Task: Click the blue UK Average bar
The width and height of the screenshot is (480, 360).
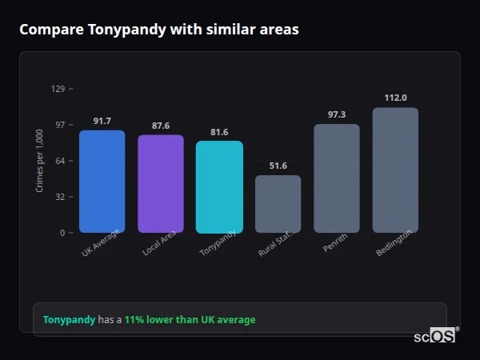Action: tap(102, 182)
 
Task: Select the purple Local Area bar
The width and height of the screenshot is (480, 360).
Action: tap(161, 184)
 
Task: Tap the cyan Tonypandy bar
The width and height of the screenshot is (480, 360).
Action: tap(219, 187)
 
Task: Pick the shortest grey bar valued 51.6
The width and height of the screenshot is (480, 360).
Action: tap(278, 204)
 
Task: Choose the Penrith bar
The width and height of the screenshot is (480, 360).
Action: tap(337, 178)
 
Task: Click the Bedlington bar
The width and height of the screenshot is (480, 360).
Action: tap(395, 170)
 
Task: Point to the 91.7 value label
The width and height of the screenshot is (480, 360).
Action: tap(102, 121)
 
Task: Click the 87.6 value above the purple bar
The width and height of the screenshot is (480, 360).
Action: tap(161, 126)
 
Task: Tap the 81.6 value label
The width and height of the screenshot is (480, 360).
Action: tap(219, 132)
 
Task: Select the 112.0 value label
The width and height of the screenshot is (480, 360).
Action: tap(395, 98)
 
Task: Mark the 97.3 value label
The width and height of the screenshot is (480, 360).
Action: tap(337, 114)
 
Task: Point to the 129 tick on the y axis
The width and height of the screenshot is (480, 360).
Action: tap(58, 89)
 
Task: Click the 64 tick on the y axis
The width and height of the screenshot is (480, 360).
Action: tap(60, 161)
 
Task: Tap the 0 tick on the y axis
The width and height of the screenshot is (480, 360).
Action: tap(62, 233)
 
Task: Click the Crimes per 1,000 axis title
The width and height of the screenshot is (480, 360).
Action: tap(40, 161)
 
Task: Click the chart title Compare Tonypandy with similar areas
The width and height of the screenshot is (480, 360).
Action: tap(159, 30)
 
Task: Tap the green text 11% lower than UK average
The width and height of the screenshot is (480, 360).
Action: tap(190, 320)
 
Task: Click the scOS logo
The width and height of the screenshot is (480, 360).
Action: tap(435, 336)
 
